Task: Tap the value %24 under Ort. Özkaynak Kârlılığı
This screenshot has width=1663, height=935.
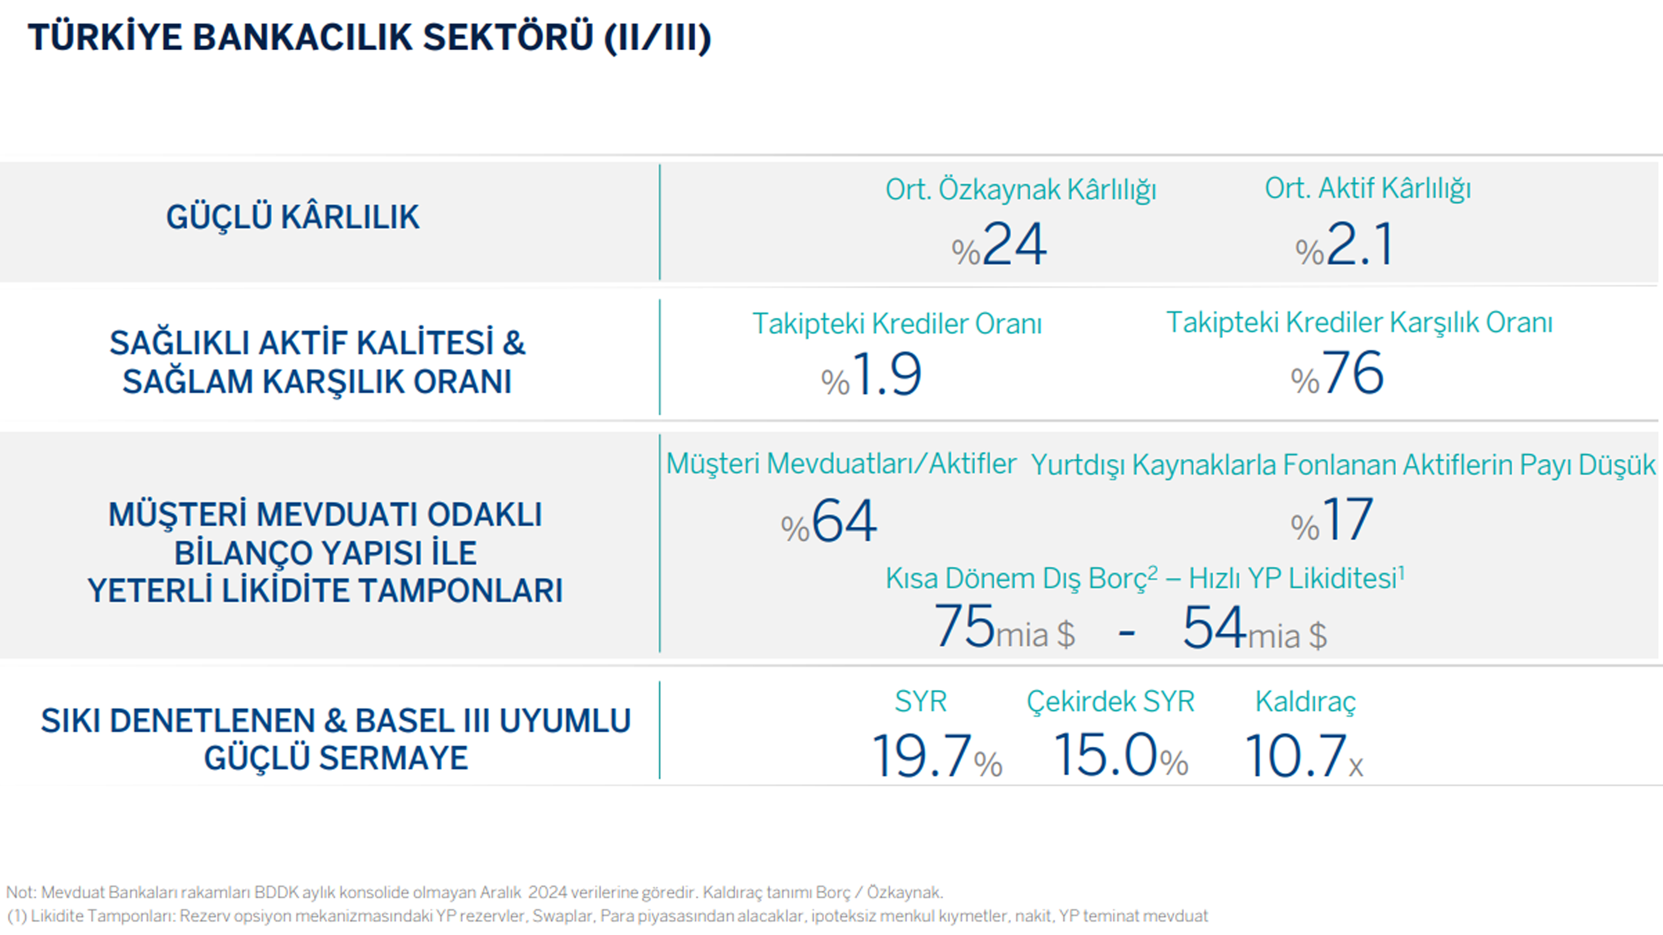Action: point(999,244)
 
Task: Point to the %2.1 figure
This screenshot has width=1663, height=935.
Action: point(1344,244)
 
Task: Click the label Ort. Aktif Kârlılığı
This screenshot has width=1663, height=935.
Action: point(1368,188)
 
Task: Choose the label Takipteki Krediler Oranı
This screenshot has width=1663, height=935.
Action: point(897,323)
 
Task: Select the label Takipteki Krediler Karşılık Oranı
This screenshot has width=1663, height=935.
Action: point(1360,322)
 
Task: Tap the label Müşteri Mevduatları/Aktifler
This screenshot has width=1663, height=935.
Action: point(841,464)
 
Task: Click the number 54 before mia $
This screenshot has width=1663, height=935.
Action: point(1214,626)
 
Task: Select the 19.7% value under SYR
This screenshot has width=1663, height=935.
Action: point(937,755)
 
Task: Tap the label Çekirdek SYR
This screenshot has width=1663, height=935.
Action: point(1110,701)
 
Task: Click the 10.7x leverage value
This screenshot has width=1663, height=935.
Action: point(1303,755)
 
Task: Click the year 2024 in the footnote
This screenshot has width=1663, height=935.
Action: point(548,893)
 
